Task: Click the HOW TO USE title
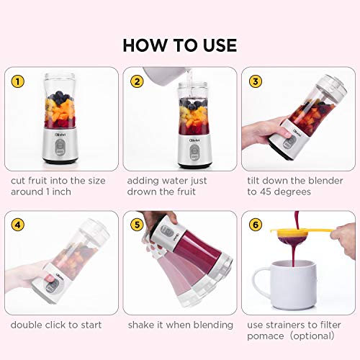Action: point(179,45)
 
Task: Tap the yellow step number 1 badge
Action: point(17,81)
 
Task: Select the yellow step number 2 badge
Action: point(137,81)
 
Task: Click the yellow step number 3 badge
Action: point(256,81)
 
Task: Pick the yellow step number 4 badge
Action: point(17,225)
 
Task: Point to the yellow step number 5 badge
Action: point(137,225)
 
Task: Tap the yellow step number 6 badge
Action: point(256,225)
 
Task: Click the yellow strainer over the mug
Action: point(301,233)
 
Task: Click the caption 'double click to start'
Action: point(56,325)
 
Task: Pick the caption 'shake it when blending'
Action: point(180,325)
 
